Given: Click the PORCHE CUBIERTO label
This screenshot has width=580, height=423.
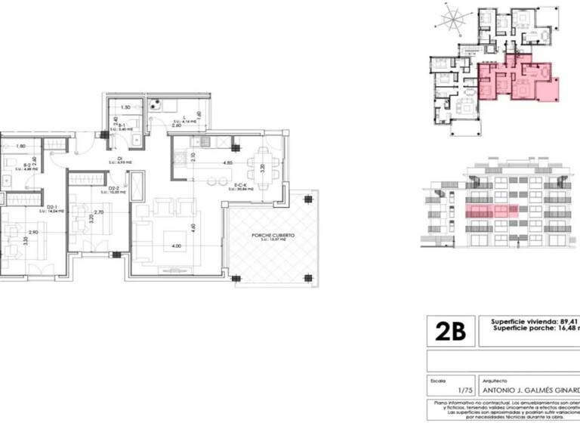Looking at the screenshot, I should (x=273, y=236).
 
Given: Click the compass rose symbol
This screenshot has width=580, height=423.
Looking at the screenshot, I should (x=453, y=18).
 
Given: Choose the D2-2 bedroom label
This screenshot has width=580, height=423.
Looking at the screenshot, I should (x=115, y=188).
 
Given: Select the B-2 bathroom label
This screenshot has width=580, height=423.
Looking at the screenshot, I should (x=26, y=165).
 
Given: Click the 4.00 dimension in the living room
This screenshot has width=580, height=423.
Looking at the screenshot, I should (x=176, y=246).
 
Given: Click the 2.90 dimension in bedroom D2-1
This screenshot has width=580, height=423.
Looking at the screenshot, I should (x=33, y=233).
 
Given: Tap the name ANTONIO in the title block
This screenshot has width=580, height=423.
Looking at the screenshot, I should (x=498, y=391).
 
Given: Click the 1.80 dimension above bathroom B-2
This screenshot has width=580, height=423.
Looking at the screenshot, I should (x=21, y=146).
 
